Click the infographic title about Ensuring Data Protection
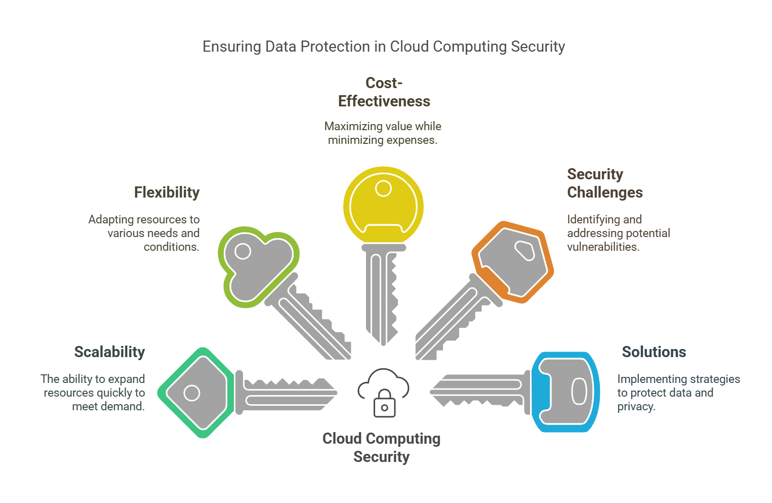tap(383, 47)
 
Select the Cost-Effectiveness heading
tap(384, 92)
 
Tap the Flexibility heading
tap(167, 192)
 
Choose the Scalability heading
tap(109, 352)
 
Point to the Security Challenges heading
tap(604, 183)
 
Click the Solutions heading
tap(654, 352)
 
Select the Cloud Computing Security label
tap(381, 447)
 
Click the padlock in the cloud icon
tap(385, 404)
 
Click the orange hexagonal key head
tap(512, 262)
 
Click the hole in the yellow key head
tap(383, 189)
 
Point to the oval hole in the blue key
tap(579, 392)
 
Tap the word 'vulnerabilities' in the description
tap(602, 247)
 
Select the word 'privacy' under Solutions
tap(635, 407)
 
